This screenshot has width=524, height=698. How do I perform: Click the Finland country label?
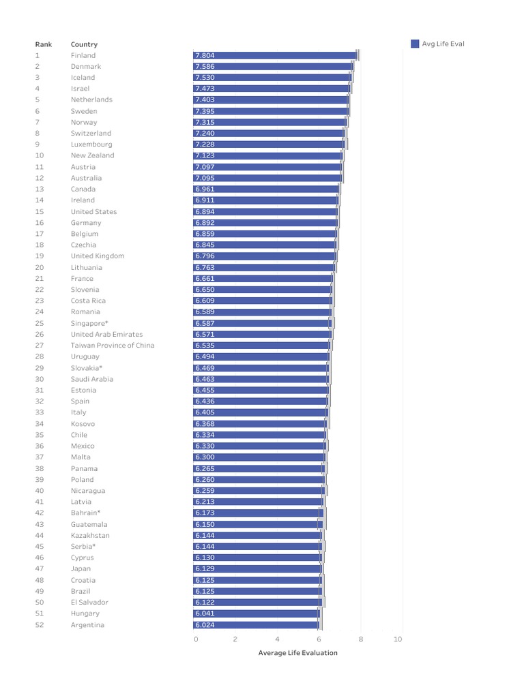click(x=83, y=55)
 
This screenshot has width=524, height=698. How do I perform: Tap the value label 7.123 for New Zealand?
click(x=205, y=155)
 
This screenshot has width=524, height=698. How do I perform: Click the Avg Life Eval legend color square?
click(x=415, y=44)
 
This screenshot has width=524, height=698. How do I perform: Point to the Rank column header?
click(x=44, y=44)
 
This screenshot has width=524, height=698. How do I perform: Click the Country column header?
click(x=84, y=44)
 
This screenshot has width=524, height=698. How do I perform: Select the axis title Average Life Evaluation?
click(x=297, y=652)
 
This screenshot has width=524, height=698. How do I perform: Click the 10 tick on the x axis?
click(x=398, y=639)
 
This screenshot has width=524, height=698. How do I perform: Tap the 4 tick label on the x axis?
click(x=277, y=639)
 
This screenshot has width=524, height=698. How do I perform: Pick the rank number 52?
click(x=39, y=625)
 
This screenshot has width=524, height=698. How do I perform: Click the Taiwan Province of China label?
click(x=113, y=346)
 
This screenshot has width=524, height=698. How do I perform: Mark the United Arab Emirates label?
click(x=106, y=335)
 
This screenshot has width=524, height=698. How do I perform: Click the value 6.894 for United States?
click(x=205, y=211)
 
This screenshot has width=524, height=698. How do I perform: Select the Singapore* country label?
click(x=89, y=323)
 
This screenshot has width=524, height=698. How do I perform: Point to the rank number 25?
click(x=39, y=323)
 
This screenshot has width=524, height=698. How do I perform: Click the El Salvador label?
click(x=89, y=603)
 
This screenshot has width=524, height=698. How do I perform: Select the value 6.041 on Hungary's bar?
click(x=205, y=613)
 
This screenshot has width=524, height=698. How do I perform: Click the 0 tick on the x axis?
click(x=196, y=639)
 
